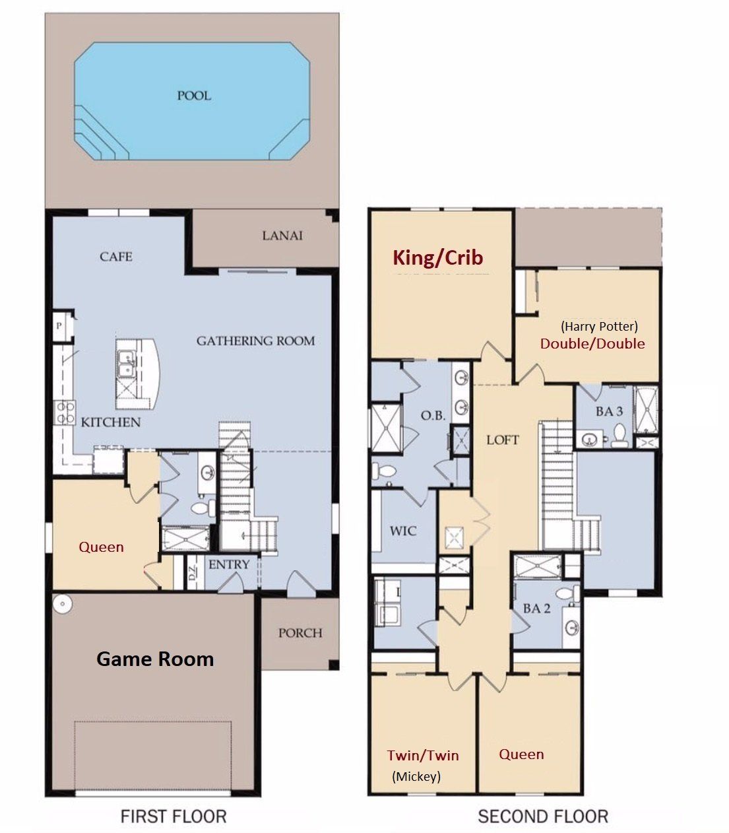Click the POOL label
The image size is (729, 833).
(194, 96)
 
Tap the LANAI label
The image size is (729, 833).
(282, 236)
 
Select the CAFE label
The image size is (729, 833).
(116, 256)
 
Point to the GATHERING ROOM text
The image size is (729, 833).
(255, 341)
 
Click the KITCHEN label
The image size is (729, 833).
(111, 422)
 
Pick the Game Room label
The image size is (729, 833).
(155, 659)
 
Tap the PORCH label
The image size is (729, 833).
(300, 632)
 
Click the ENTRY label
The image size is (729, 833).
(229, 564)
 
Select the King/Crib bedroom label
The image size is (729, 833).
(438, 257)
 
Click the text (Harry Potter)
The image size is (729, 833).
(599, 326)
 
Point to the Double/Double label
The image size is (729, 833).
(592, 343)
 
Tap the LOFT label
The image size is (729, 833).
(503, 440)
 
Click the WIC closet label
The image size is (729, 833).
(403, 531)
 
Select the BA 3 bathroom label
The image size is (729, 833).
(609, 411)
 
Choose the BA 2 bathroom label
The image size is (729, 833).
(536, 608)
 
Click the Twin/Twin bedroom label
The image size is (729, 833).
(423, 756)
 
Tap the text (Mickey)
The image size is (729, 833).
(416, 776)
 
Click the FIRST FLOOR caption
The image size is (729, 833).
(174, 816)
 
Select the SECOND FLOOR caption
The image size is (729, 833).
(543, 816)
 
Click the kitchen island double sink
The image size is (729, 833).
(126, 363)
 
